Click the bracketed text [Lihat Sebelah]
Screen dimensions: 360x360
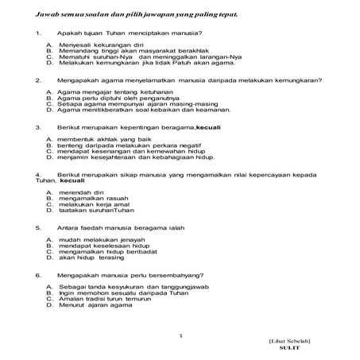coord(292,340)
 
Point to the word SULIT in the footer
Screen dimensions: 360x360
coord(292,348)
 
